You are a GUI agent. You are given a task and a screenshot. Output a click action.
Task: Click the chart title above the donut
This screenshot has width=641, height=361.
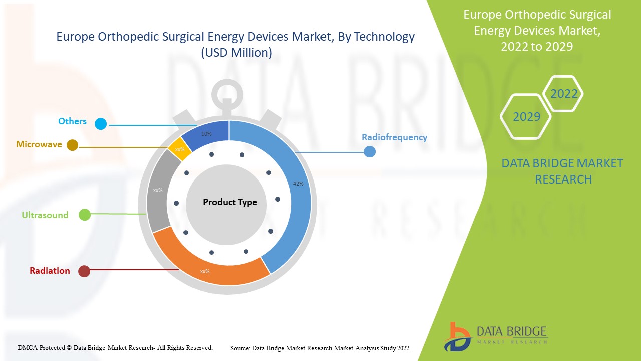(235, 44)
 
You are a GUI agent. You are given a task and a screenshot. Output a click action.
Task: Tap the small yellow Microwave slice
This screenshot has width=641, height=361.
(179, 148)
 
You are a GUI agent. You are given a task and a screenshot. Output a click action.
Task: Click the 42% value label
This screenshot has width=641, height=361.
(298, 184)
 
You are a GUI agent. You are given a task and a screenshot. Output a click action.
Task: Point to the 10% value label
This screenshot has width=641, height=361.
(206, 134)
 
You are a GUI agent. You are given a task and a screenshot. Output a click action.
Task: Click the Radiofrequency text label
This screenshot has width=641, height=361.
(394, 137)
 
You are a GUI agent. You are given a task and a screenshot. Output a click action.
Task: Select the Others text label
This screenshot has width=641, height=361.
(72, 121)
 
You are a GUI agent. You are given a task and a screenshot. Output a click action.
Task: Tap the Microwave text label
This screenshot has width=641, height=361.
(39, 144)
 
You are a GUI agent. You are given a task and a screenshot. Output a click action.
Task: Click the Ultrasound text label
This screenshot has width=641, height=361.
(45, 215)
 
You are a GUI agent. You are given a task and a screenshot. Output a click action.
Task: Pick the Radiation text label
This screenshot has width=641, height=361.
(50, 271)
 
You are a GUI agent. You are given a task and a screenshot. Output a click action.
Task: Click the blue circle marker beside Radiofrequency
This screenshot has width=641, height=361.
(369, 151)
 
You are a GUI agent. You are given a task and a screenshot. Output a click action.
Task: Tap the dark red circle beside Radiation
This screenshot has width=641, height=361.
(84, 271)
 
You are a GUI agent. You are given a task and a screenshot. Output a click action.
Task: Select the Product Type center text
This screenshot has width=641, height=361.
(230, 202)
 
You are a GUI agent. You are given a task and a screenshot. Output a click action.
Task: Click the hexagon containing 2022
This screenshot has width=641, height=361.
(564, 94)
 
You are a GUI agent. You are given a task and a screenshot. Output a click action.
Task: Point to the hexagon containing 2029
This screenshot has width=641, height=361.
(526, 117)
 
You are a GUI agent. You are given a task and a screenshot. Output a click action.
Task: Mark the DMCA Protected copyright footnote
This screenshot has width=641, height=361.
(115, 347)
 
